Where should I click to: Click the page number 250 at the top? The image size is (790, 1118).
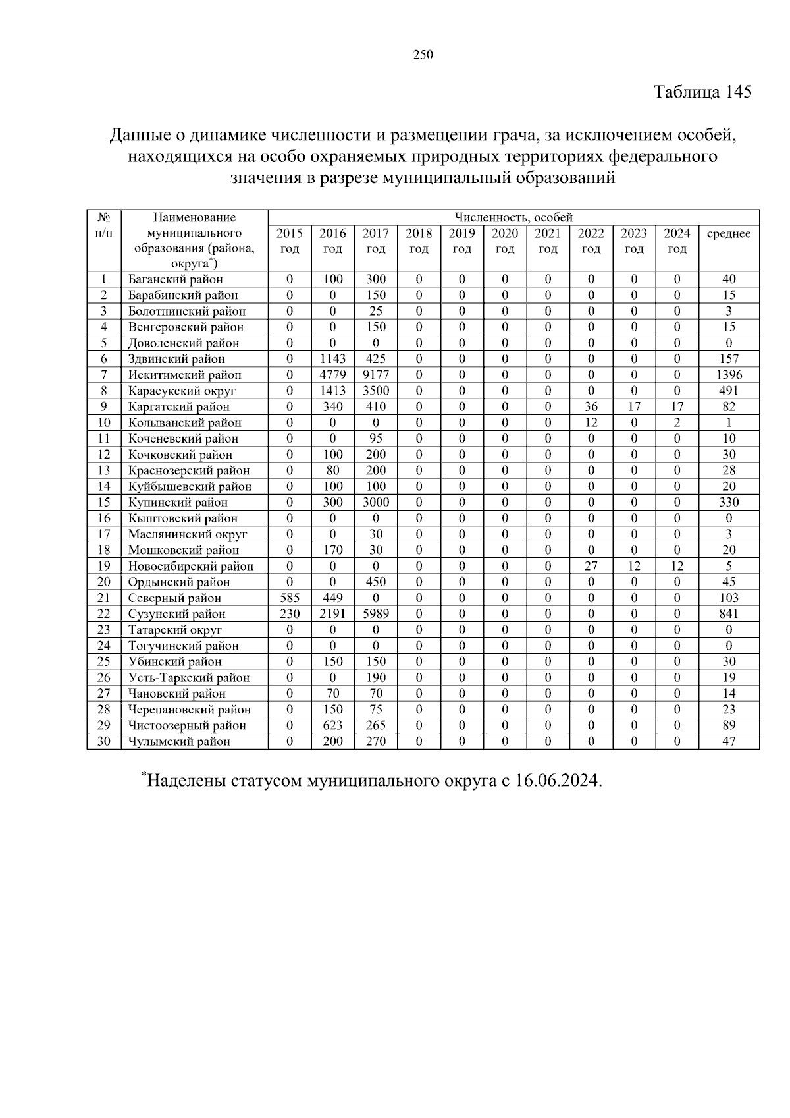click(423, 55)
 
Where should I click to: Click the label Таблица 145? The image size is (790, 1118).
click(702, 92)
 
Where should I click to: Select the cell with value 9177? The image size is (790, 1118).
click(376, 375)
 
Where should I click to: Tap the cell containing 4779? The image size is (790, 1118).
click(332, 375)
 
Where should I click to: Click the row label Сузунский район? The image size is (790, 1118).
click(176, 614)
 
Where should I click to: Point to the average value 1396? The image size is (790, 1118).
click(729, 375)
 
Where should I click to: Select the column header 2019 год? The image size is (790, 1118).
click(461, 240)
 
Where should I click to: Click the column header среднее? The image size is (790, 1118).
click(729, 234)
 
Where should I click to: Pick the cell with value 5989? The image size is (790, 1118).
click(376, 614)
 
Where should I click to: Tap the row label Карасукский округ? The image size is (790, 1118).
click(182, 391)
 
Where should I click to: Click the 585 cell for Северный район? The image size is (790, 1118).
click(290, 598)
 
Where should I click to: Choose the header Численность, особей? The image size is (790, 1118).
click(513, 217)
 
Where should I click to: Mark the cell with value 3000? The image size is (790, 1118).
click(376, 502)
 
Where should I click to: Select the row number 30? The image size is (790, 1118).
click(103, 741)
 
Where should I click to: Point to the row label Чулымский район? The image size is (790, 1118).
click(179, 742)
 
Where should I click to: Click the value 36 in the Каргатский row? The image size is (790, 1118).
click(591, 406)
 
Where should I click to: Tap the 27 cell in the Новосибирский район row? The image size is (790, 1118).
click(591, 566)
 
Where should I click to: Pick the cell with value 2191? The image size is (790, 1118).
click(332, 614)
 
